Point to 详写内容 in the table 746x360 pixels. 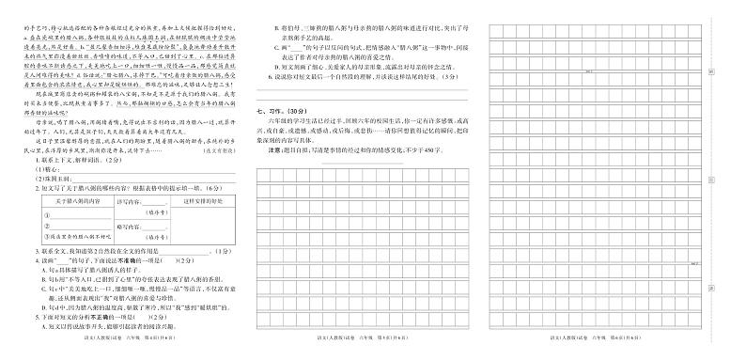pyautogui.click(x=126, y=201)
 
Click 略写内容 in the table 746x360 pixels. pyautogui.click(x=126, y=227)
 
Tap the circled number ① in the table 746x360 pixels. pyautogui.click(x=44, y=211)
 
